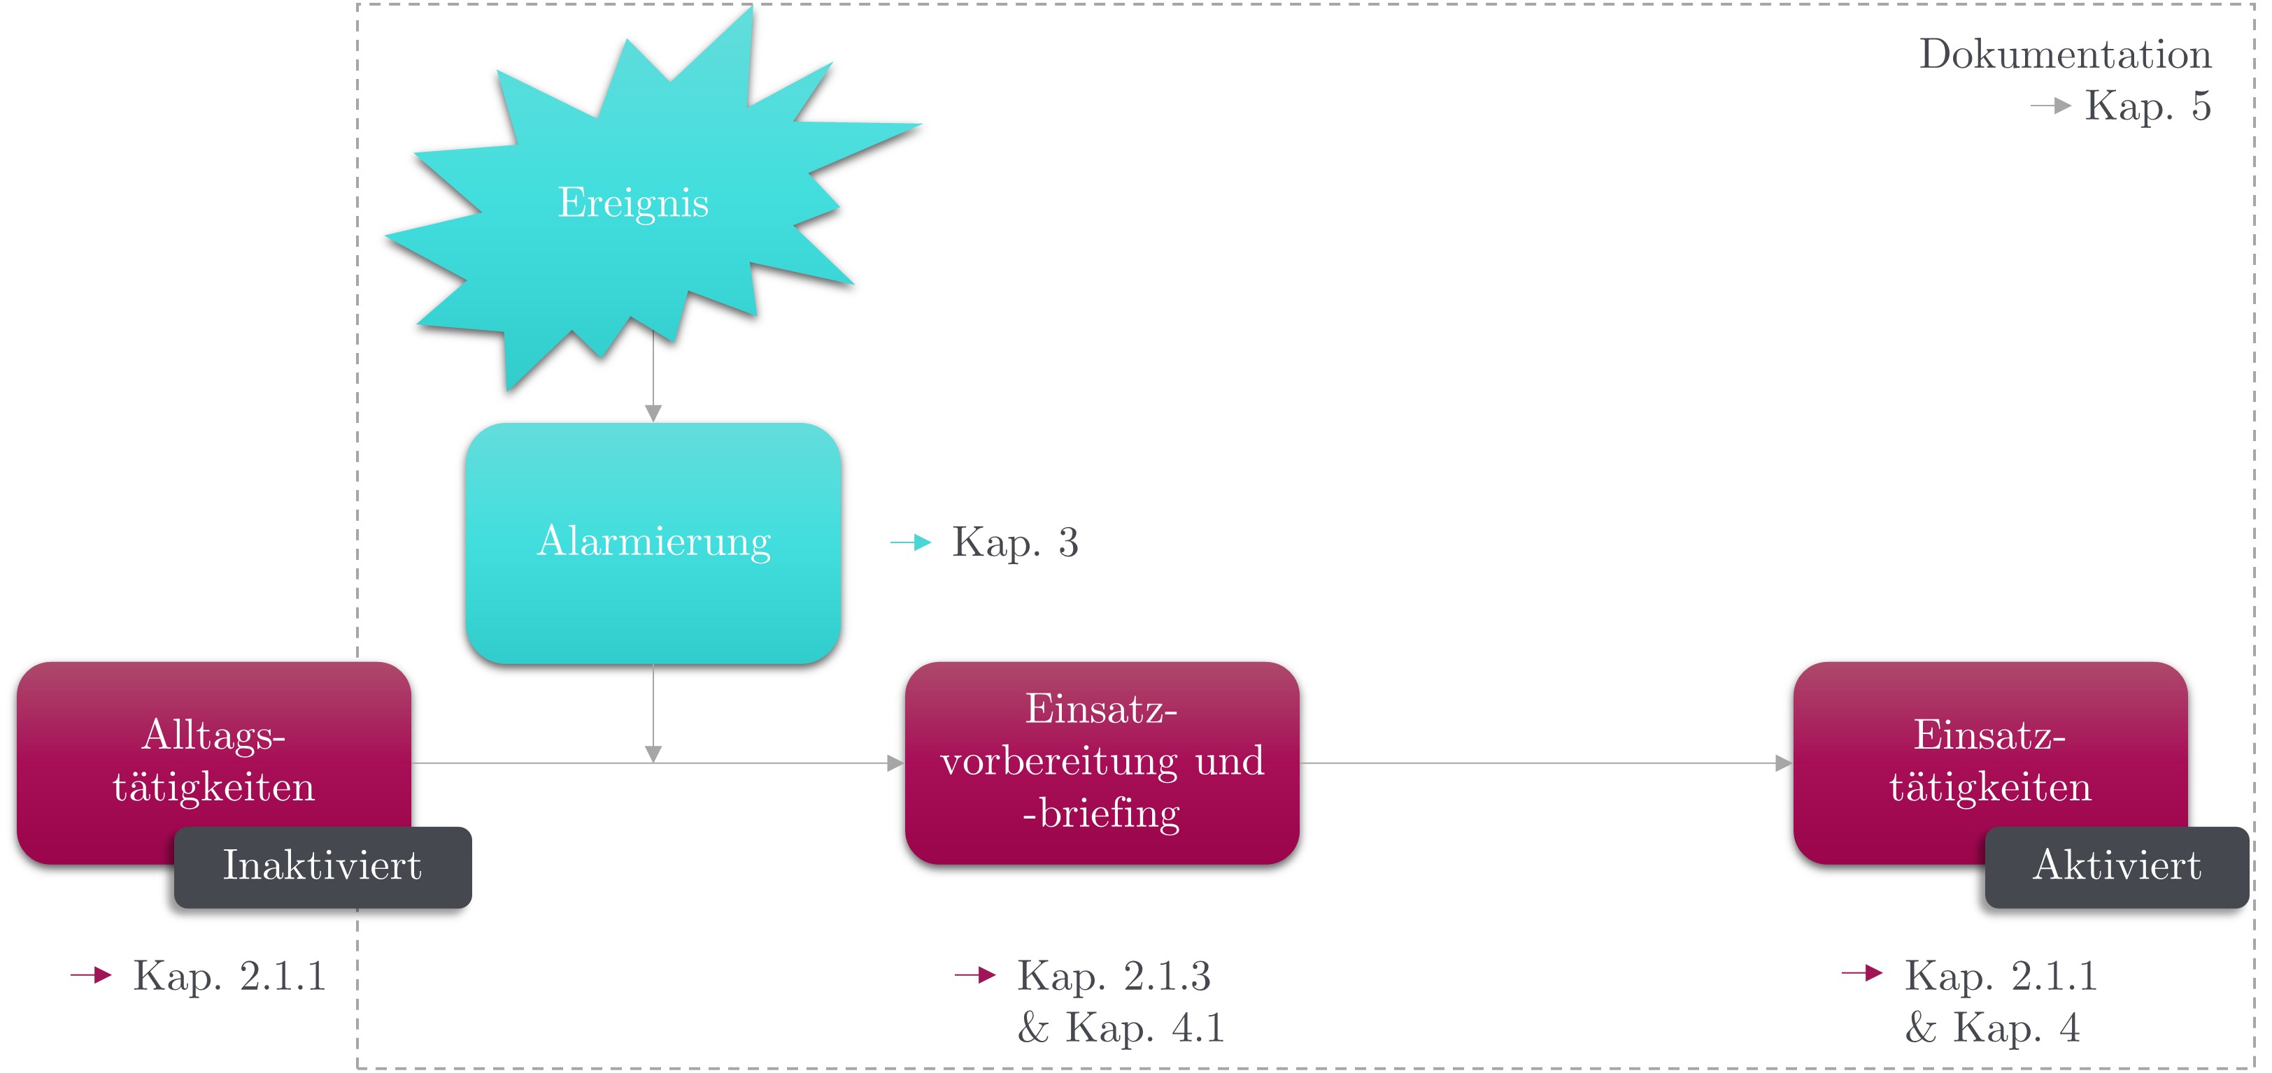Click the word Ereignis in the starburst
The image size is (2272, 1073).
pyautogui.click(x=633, y=203)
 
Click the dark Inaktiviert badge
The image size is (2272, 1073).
pyautogui.click(x=322, y=866)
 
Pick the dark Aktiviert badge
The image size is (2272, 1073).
pyautogui.click(x=2117, y=866)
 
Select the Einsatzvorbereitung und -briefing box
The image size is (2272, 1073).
pyautogui.click(x=1102, y=762)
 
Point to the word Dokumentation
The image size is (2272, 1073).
pyautogui.click(x=2065, y=55)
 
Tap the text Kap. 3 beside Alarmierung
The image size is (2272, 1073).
pyautogui.click(x=1014, y=542)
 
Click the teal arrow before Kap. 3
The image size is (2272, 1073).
pyautogui.click(x=911, y=542)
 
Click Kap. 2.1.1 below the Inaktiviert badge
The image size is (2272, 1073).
pyautogui.click(x=229, y=976)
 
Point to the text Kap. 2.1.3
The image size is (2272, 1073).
pyautogui.click(x=1114, y=976)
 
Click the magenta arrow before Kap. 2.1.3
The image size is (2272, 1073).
pyautogui.click(x=974, y=975)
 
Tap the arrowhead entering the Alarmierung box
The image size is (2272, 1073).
pyautogui.click(x=653, y=412)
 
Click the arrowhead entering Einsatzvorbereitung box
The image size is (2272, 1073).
pyautogui.click(x=895, y=763)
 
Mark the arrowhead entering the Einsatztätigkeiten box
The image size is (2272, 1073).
pyautogui.click(x=1783, y=763)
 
